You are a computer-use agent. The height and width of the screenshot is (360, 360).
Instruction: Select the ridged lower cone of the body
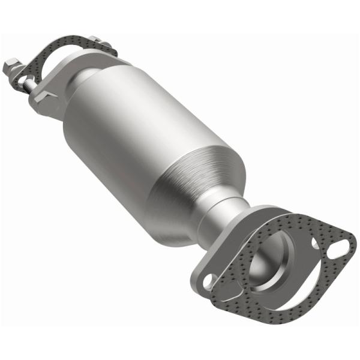198,180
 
